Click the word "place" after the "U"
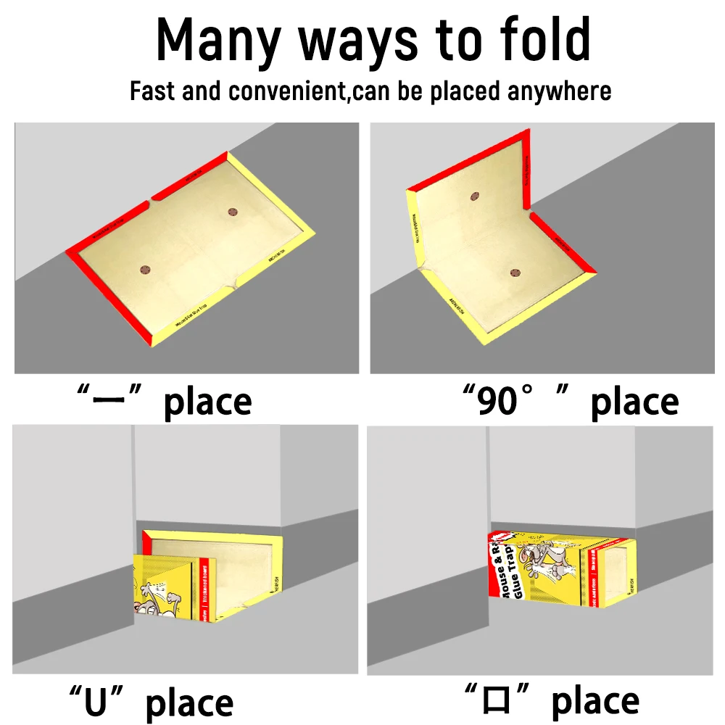click(190, 703)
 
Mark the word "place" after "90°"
click(634, 402)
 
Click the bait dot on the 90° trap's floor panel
click(515, 273)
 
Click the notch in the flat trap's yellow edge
click(233, 285)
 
